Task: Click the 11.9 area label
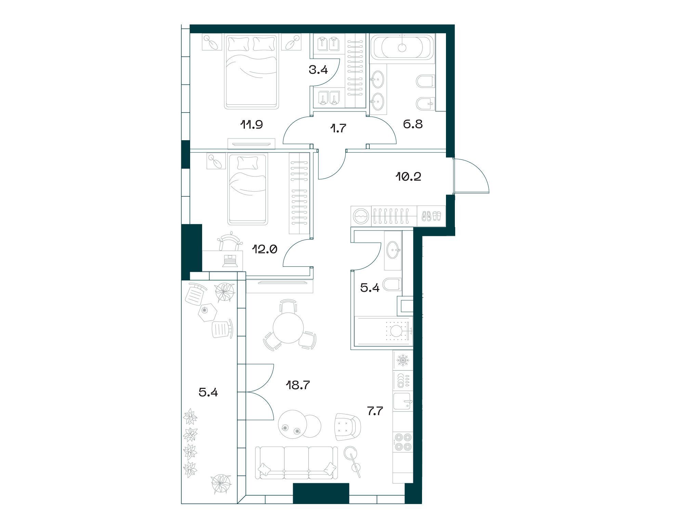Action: tap(251, 124)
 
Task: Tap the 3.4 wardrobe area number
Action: tap(318, 70)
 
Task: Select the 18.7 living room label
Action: tap(298, 385)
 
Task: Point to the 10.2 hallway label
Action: tap(409, 176)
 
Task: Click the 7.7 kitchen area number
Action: tap(375, 411)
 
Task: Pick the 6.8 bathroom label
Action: tap(413, 124)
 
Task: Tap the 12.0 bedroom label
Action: tap(264, 249)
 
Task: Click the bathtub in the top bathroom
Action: tap(402, 47)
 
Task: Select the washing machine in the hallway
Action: tap(360, 216)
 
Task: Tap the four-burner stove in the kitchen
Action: tap(403, 442)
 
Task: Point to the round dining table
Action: tap(288, 327)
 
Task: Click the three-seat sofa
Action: tap(296, 462)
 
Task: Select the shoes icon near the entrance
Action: tap(432, 216)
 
